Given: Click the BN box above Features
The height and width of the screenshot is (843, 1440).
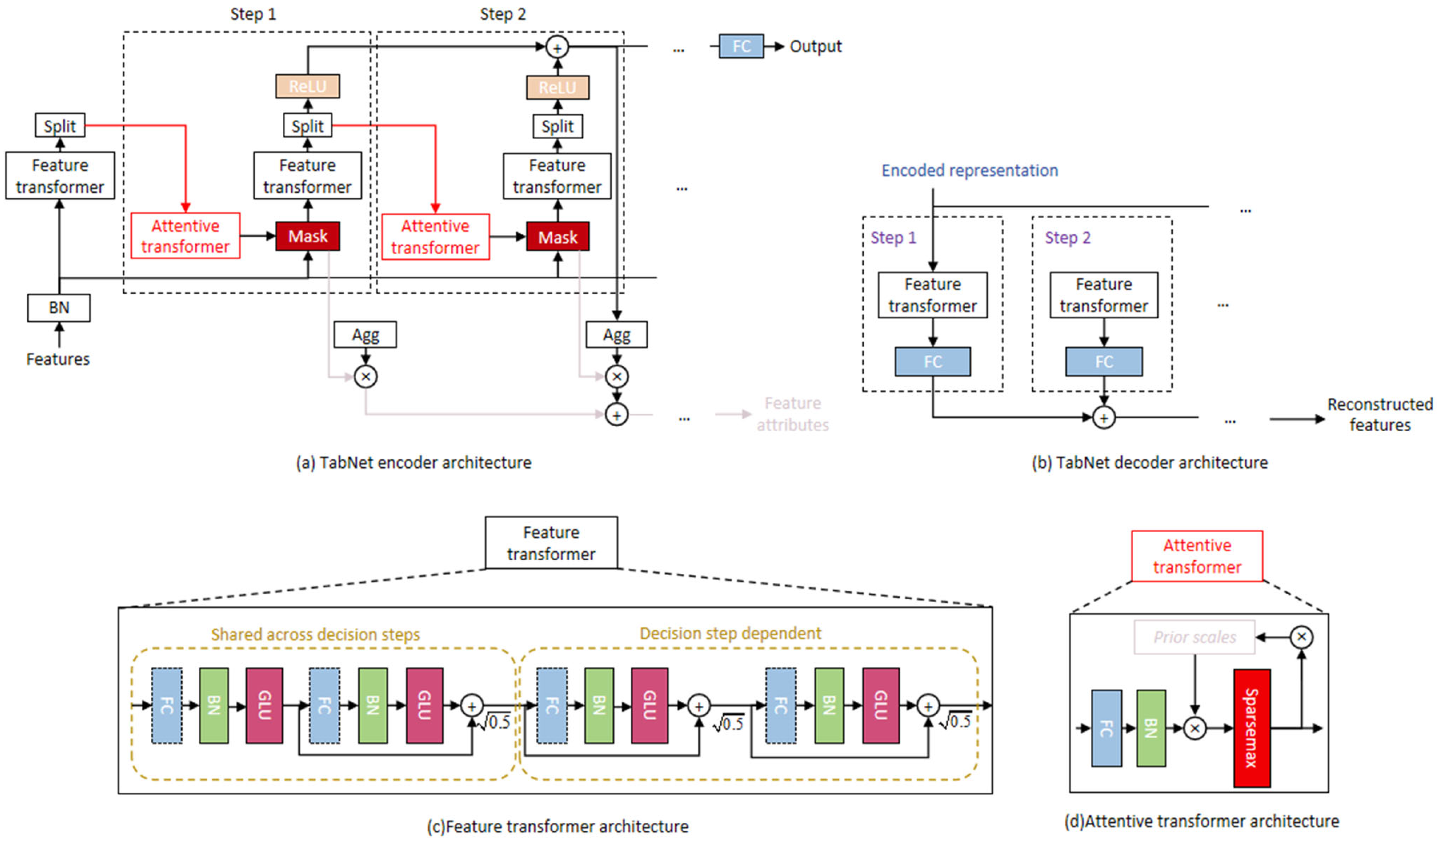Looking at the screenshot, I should [59, 307].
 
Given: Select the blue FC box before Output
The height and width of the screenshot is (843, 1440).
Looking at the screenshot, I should [741, 46].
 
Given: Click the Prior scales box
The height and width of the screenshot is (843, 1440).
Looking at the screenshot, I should [1194, 637].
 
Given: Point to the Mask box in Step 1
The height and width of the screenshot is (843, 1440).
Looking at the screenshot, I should [307, 236].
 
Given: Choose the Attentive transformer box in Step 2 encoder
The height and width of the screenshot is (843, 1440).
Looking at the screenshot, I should [435, 237].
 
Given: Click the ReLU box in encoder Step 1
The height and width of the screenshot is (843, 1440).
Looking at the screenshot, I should [307, 86].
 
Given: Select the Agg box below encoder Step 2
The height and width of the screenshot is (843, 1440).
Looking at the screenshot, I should [616, 334].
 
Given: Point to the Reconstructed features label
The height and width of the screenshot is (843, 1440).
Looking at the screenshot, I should [1379, 414].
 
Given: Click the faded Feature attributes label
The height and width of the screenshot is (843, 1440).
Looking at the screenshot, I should [793, 414].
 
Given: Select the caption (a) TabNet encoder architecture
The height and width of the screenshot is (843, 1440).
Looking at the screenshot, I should [413, 462].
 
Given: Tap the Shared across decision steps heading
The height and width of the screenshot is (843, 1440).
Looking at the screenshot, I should [315, 634].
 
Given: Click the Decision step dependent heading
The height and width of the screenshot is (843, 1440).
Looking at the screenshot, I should [730, 633].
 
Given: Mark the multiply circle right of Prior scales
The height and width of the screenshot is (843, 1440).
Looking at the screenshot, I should [1301, 637].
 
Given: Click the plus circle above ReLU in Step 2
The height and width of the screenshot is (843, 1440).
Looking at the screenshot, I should [557, 47].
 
